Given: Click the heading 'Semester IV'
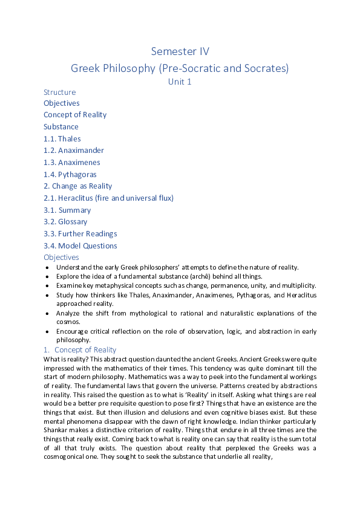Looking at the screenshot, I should (180, 51).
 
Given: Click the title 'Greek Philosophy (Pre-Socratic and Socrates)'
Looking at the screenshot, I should (180, 68).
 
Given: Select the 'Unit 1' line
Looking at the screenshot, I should (180, 82).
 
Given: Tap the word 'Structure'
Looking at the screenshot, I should (60, 92).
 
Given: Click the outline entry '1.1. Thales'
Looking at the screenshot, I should (62, 139).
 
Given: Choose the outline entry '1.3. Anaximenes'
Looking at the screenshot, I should (71, 163).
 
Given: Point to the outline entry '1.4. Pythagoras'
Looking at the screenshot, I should (70, 175).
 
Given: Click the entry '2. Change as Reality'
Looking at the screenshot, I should (77, 186).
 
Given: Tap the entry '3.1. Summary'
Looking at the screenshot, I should (67, 210).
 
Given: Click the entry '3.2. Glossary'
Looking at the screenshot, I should (65, 222).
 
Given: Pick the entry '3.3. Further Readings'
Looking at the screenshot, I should (80, 234).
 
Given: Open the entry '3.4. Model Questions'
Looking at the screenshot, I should (80, 246).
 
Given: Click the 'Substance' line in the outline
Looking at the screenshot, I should (61, 127).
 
